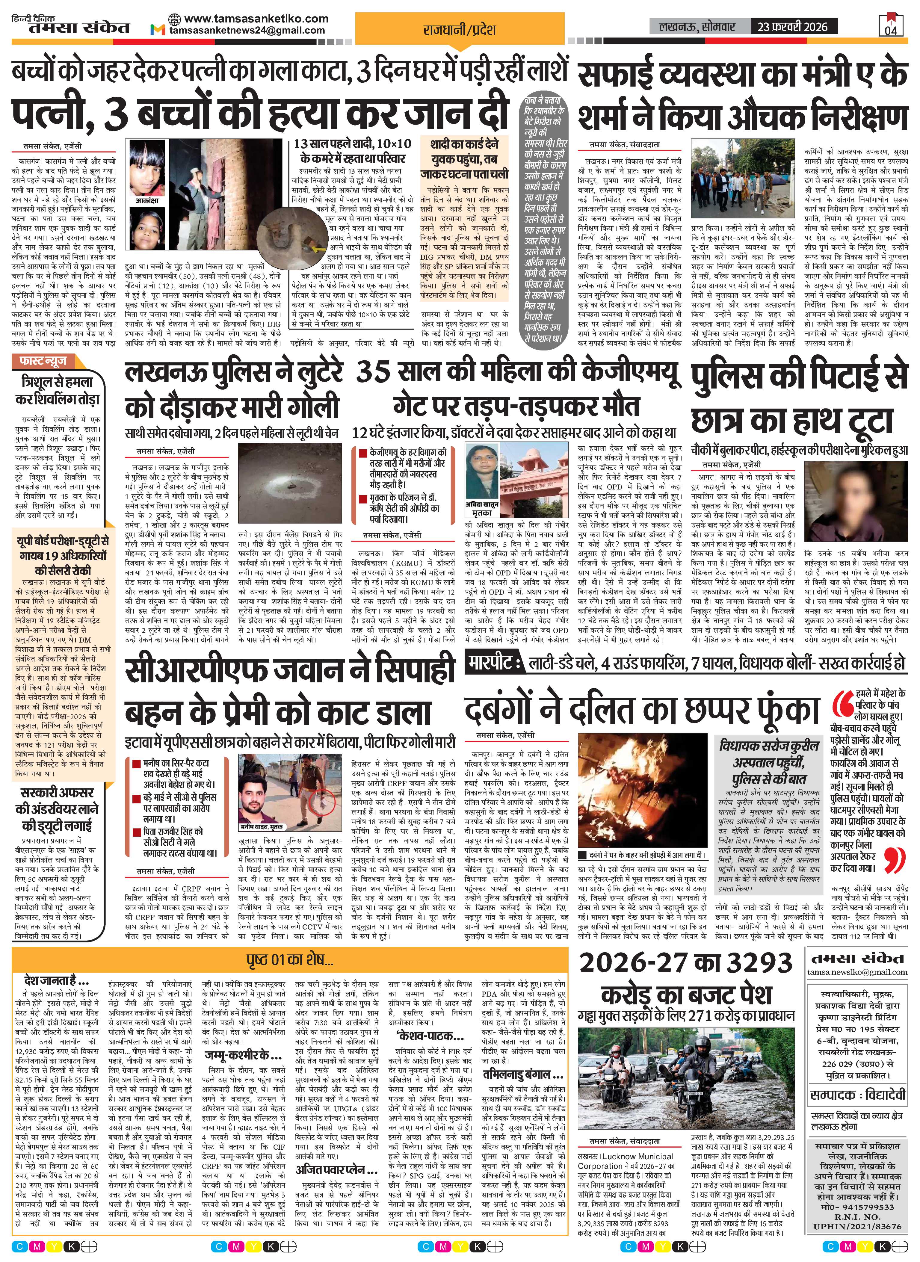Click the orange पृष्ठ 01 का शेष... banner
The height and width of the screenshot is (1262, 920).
[x=290, y=960]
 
